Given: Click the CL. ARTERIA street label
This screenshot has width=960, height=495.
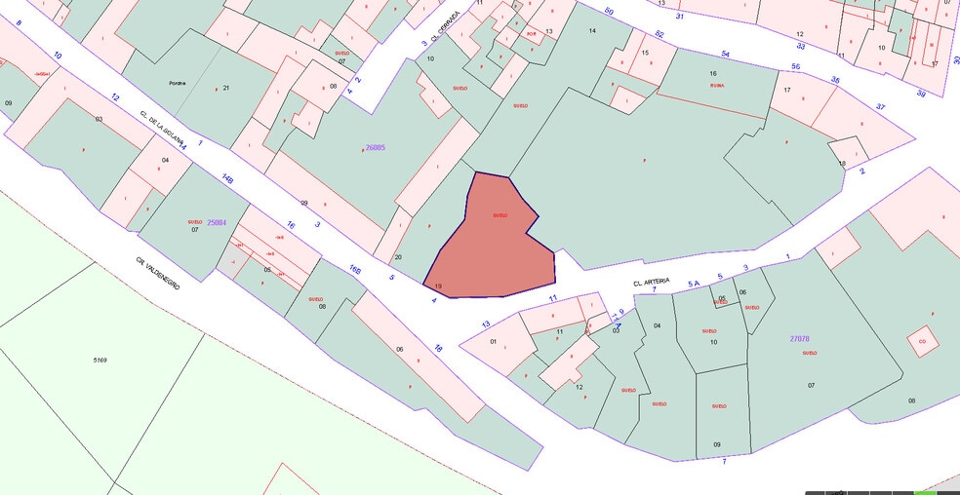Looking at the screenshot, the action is tap(653, 283).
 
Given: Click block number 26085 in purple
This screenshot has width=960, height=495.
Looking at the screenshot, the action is tap(375, 148).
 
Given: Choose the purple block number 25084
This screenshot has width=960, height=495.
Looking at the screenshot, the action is tap(217, 223).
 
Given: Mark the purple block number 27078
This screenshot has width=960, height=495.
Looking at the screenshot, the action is tap(800, 339).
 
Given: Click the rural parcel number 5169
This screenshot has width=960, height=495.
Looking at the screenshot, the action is tap(100, 361).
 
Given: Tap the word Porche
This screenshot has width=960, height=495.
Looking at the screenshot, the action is tap(177, 83).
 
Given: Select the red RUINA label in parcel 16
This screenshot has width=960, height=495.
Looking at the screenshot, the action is tap(717, 86).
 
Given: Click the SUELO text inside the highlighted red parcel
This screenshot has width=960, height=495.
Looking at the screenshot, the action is tap(500, 214).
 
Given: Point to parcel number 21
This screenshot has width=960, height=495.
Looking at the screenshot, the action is tap(225, 89).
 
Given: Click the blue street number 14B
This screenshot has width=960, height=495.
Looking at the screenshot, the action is tap(227, 179).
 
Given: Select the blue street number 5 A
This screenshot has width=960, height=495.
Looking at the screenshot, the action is tap(694, 284).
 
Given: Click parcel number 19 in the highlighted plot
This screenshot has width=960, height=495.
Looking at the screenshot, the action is tap(438, 286).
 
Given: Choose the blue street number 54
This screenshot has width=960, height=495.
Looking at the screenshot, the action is tap(725, 54).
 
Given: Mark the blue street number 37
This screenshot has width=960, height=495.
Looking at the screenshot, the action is tap(881, 106).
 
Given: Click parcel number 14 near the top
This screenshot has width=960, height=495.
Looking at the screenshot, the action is tap(591, 31).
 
